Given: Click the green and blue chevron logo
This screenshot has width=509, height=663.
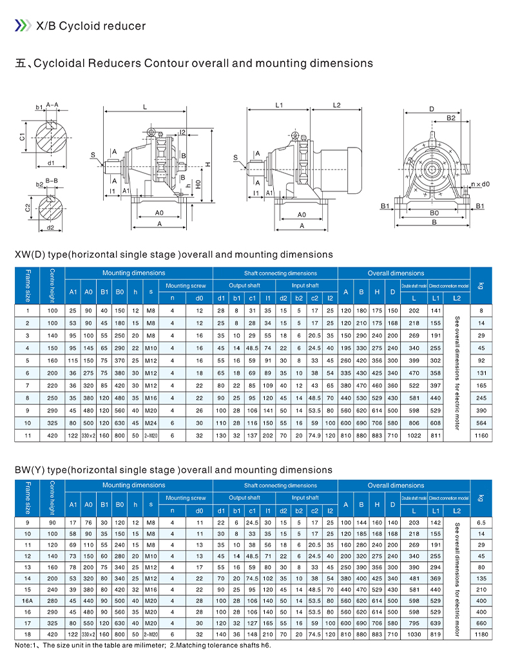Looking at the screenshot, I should coord(23,26).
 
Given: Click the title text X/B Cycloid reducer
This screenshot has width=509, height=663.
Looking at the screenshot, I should coord(91,26).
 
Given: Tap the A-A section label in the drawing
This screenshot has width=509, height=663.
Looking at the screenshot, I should coord(52,104).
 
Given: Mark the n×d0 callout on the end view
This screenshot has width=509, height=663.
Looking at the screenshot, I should coord(479,184).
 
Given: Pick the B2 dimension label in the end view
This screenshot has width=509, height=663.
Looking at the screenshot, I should coord(451,118).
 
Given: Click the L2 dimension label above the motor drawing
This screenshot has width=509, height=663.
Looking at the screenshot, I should coord(336,104).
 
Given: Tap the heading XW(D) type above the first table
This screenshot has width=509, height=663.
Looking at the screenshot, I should coord(173,255).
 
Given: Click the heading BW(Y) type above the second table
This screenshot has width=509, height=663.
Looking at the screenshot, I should coord(173,470).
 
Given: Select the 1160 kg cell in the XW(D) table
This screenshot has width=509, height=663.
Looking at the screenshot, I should coord(481,436).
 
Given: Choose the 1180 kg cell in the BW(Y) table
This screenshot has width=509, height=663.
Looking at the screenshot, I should coord(481,635).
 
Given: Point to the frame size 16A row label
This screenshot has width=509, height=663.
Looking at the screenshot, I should coord(27,601).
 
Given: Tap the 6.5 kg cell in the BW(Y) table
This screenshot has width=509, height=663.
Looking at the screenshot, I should coord(481,523).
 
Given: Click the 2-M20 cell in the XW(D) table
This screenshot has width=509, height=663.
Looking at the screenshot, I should coord(151,436).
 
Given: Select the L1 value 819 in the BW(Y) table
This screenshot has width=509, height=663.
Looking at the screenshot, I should coord(436,635).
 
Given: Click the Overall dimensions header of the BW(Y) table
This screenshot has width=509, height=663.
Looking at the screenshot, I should coord(396,485).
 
